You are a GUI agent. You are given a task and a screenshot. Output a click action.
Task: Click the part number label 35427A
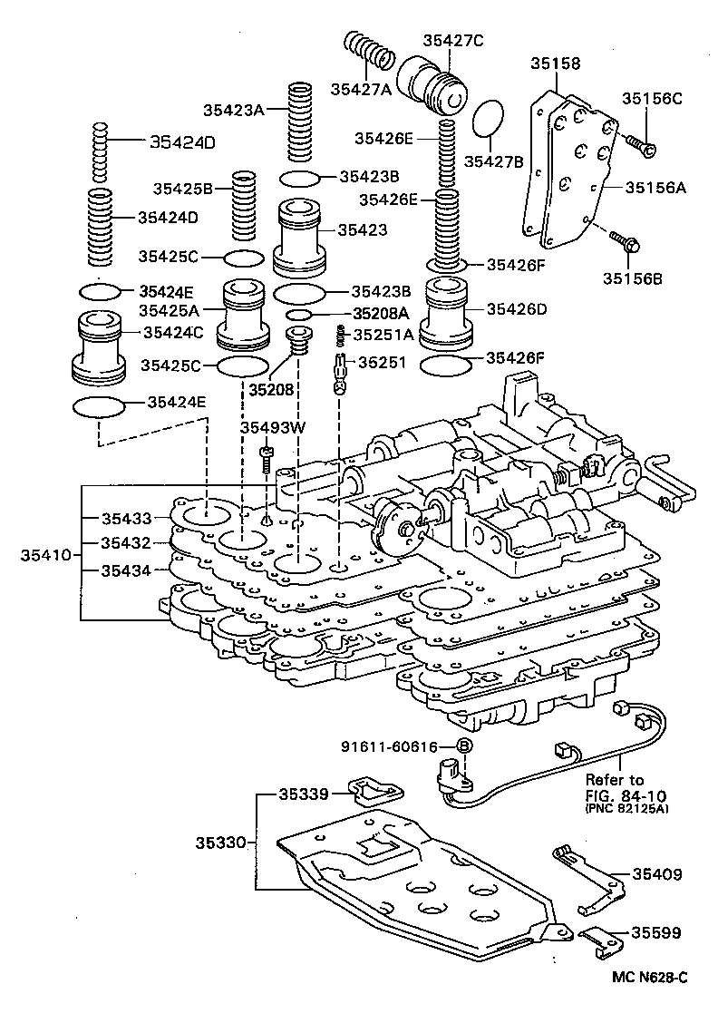click(360, 89)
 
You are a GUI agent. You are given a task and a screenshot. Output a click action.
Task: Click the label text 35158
click(555, 63)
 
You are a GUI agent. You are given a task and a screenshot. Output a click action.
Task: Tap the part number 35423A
click(233, 111)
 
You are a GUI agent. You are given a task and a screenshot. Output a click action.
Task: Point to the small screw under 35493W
click(267, 458)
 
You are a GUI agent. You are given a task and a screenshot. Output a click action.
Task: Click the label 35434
click(126, 570)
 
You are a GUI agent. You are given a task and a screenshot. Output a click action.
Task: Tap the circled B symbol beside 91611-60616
click(464, 746)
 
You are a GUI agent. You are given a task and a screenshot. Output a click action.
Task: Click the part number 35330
click(220, 842)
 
